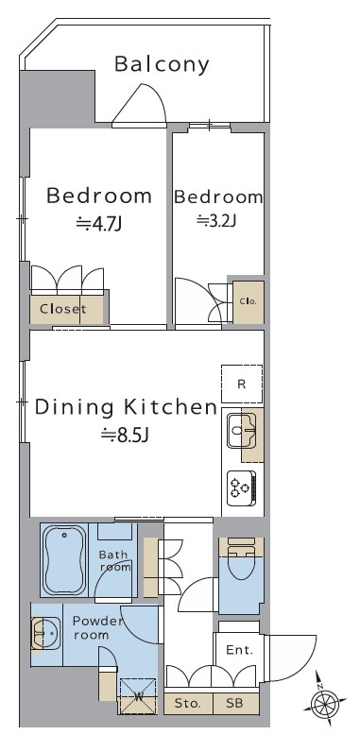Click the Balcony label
point(162,65)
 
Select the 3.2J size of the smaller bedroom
point(217,220)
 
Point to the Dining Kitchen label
point(126,407)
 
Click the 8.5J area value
point(125,435)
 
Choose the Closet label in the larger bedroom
point(62,309)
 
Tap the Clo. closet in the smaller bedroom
point(249,301)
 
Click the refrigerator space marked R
point(242,384)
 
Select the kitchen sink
point(242,430)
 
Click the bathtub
point(64,559)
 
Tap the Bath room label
point(113,560)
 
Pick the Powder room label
point(97,628)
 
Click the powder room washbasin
point(45,633)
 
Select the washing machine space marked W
point(138,696)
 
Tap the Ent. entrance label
point(239,650)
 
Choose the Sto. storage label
point(187,703)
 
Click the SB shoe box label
point(235,703)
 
